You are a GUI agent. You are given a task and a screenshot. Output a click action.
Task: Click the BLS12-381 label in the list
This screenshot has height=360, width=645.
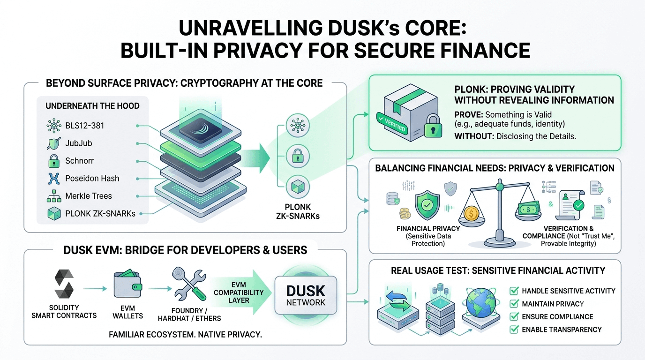pyautogui.click(x=85, y=126)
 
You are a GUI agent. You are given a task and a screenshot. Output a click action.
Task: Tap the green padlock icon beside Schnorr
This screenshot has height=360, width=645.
pyautogui.click(x=54, y=161)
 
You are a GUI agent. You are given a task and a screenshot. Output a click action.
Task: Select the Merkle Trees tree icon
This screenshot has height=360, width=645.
pyautogui.click(x=54, y=196)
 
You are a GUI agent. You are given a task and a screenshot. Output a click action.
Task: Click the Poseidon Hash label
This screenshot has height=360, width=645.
pyautogui.click(x=92, y=179)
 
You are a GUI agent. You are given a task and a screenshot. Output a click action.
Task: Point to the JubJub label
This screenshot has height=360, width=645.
pyautogui.click(x=79, y=143)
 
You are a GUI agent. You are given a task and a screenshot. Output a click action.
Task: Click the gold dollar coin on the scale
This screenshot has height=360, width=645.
pyautogui.click(x=472, y=214)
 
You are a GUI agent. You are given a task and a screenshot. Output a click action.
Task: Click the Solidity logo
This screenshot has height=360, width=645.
pyautogui.click(x=64, y=284)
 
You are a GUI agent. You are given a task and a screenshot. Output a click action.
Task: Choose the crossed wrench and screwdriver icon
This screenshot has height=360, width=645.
pyautogui.click(x=189, y=284)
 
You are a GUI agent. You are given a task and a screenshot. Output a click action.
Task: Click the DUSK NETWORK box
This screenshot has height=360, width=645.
pyautogui.click(x=306, y=295)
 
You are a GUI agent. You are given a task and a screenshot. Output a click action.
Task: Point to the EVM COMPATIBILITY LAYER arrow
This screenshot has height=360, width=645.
pyautogui.click(x=241, y=292)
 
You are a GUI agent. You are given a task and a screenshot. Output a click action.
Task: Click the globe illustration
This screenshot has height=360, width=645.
pyautogui.click(x=481, y=303)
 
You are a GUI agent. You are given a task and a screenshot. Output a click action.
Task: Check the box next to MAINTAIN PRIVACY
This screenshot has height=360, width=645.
pyautogui.click(x=514, y=304)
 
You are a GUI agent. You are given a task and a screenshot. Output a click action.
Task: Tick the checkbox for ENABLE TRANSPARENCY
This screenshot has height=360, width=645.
pyautogui.click(x=514, y=330)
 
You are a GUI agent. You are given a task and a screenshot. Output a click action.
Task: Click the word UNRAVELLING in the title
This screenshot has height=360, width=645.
pyautogui.click(x=250, y=28)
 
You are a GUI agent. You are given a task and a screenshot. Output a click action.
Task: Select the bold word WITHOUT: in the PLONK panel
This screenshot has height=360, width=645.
pyautogui.click(x=474, y=136)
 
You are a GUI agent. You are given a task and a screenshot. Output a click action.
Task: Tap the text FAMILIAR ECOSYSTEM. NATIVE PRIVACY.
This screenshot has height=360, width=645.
pyautogui.click(x=186, y=335)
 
